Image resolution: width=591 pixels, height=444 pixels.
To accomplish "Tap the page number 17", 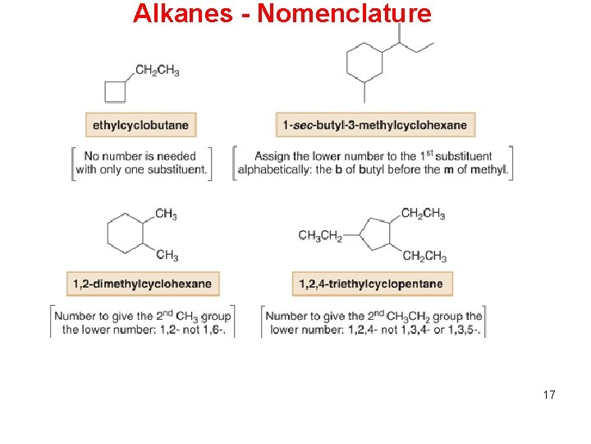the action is pyautogui.click(x=549, y=395).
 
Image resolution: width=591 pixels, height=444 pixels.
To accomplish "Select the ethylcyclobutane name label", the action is pyautogui.click(x=141, y=125).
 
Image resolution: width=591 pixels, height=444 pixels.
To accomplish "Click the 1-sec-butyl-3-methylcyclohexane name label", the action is pyautogui.click(x=375, y=125).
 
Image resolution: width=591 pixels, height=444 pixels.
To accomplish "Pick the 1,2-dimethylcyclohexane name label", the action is pyautogui.click(x=143, y=284).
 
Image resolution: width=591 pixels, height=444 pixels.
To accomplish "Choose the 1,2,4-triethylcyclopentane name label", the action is pyautogui.click(x=371, y=284).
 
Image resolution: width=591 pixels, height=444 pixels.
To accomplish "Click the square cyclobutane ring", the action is pyautogui.click(x=115, y=90).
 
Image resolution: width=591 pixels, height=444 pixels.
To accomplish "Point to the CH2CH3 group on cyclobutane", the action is pyautogui.click(x=157, y=70).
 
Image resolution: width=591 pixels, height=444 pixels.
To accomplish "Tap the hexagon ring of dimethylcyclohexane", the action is pyautogui.click(x=126, y=233).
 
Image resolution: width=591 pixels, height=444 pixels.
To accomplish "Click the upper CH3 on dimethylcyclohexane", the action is pyautogui.click(x=166, y=215).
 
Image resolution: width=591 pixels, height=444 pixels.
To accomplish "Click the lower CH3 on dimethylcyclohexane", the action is pyautogui.click(x=167, y=255).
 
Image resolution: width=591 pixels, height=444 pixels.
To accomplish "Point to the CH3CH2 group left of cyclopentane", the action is pyautogui.click(x=320, y=236).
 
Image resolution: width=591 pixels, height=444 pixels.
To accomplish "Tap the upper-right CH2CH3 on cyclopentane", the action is pyautogui.click(x=424, y=214).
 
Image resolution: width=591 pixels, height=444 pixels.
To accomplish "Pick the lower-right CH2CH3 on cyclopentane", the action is pyautogui.click(x=424, y=257).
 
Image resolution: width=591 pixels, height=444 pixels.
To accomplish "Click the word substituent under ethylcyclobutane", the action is pyautogui.click(x=175, y=170).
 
